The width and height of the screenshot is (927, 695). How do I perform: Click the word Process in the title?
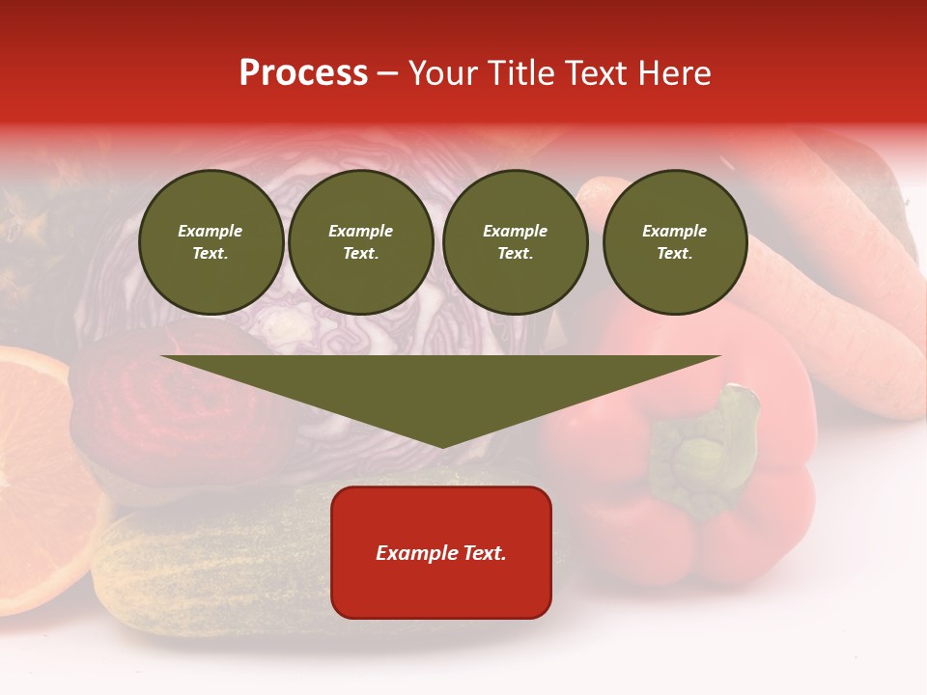[303, 73]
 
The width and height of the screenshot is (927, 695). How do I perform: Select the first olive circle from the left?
[211, 242]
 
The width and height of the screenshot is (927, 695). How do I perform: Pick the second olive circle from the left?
[361, 242]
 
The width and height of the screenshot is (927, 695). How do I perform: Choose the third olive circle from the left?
[516, 242]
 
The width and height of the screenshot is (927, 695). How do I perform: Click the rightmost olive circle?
[675, 242]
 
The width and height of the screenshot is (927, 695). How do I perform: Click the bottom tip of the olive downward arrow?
[442, 445]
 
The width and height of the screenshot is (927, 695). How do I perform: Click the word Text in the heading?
[597, 73]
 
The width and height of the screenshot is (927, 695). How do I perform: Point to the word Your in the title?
[444, 73]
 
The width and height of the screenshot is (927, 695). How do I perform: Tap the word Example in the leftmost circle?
[211, 231]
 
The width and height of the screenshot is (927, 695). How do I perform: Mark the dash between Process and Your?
[387, 74]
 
